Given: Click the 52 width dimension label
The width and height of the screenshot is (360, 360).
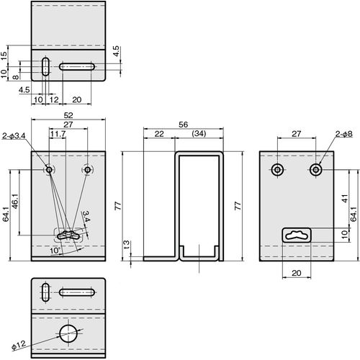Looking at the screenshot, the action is (68, 115).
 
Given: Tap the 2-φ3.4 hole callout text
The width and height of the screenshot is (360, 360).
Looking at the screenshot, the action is (14, 136).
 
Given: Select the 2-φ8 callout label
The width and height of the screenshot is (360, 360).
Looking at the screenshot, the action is (343, 134).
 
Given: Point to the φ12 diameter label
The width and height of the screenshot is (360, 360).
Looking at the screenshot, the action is (19, 345).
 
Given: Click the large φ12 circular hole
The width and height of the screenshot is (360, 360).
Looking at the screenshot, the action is (68, 333).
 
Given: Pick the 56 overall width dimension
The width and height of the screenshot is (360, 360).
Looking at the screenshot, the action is (183, 125).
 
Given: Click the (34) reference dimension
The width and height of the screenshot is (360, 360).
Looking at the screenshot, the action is (199, 133).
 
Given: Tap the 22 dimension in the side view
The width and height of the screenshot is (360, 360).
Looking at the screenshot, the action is (159, 134).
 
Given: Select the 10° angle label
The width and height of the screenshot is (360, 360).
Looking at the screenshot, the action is (55, 251).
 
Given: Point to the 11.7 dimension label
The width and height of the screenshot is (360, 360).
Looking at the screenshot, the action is (58, 134).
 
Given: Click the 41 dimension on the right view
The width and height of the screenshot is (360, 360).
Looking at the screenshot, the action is (345, 198).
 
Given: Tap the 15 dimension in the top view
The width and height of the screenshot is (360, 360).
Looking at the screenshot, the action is (4, 56).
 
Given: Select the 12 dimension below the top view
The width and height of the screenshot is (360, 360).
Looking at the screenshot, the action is (54, 99).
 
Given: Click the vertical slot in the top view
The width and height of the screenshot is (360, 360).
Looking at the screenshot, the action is (45, 66).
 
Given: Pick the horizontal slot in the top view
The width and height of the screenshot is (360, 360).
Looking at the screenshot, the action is (77, 66).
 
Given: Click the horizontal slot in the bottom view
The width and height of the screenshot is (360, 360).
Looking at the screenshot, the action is (77, 292).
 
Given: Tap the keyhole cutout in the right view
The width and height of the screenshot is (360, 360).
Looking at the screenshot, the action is (297, 235).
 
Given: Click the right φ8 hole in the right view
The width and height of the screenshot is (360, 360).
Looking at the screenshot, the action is (316, 170).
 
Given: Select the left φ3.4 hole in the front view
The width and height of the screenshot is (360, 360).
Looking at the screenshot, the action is (49, 170).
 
